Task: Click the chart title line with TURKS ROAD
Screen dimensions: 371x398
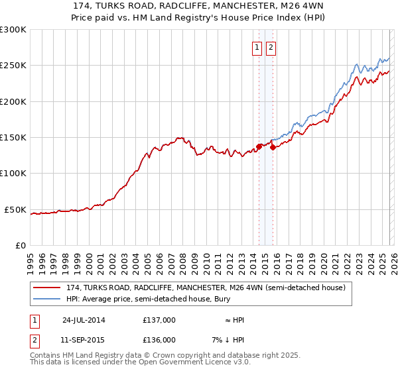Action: click(198, 6)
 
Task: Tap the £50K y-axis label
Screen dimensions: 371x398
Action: click(16, 210)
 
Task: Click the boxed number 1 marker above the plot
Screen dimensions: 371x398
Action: click(257, 47)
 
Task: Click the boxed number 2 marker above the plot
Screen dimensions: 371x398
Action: click(271, 47)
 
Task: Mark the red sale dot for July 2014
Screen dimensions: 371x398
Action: click(259, 147)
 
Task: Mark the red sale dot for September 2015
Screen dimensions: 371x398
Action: click(273, 148)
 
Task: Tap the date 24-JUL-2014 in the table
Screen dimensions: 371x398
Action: click(83, 319)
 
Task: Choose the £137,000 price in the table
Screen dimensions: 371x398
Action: click(159, 319)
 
